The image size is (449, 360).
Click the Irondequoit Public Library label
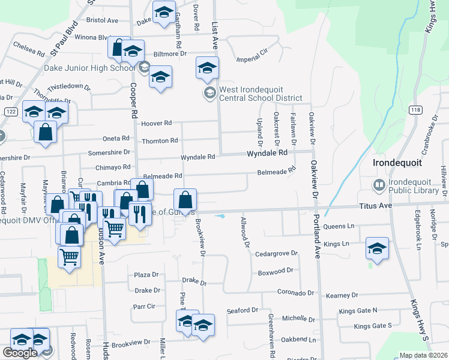pyautogui.click(x=414, y=185)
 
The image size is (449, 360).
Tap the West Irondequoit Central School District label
pyautogui.click(x=260, y=94)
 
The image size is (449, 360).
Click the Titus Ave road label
pyautogui.click(x=376, y=205)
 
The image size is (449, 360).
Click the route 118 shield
pyautogui.click(x=415, y=109)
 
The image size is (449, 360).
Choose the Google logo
pyautogui.click(x=20, y=352)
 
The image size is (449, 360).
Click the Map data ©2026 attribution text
pyautogui.click(x=423, y=355)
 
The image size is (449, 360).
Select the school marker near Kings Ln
pyautogui.click(x=376, y=248)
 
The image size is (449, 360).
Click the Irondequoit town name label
pyautogui.click(x=398, y=163)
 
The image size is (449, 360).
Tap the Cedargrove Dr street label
pyautogui.click(x=276, y=253)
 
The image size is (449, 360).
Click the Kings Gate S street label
pyautogui.click(x=372, y=326)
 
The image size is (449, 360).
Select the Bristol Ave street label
pyautogui.click(x=102, y=20)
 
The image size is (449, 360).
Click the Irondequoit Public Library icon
pyautogui.click(x=379, y=185)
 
